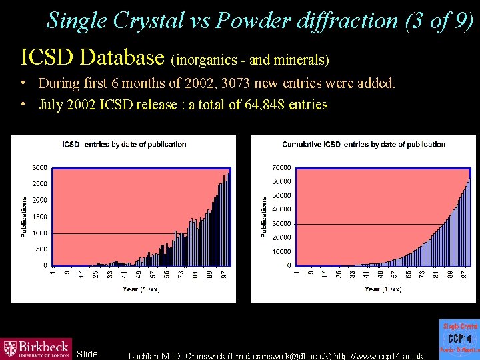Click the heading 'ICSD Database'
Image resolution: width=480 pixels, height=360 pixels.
coord(93,57)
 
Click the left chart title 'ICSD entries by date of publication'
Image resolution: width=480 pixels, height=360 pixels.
coord(124,145)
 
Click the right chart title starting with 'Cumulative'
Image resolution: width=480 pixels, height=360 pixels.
coord(363,145)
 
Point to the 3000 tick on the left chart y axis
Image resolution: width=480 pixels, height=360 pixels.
coord(39,167)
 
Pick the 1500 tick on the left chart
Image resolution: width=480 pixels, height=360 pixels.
coord(39,217)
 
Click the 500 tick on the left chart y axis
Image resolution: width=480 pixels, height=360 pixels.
coord(41,249)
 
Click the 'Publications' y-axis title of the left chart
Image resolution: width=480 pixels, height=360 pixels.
coord(24,217)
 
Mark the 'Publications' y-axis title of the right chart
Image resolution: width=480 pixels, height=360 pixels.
coord(264,217)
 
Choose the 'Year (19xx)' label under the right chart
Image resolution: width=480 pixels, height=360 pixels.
coord(383,289)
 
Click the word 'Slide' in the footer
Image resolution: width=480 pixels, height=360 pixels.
coord(87,354)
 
